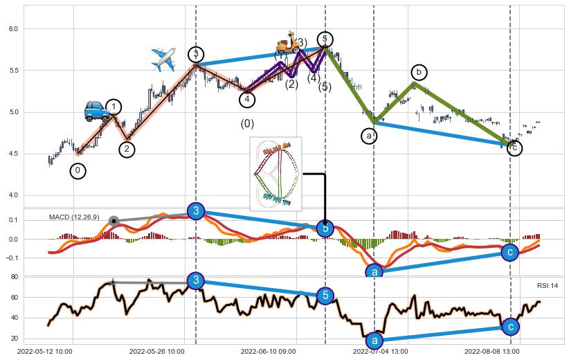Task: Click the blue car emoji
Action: coord(96,111)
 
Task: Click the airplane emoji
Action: coord(163,60)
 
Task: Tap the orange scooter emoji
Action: coord(287,42)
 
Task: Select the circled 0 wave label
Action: coord(78,171)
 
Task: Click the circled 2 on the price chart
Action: coord(127,149)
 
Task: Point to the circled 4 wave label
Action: coord(247,100)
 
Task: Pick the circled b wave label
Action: coord(418,72)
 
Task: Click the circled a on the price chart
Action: coord(369,136)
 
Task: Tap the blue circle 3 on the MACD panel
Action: coord(196,211)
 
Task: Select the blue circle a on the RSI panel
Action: coord(374,341)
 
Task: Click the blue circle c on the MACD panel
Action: coord(510,253)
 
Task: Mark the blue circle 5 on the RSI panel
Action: coord(325,296)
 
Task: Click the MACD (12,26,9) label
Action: coord(74,217)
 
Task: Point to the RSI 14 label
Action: coord(547,286)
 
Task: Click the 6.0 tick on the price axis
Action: coord(14,28)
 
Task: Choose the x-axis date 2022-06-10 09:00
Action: coord(268,352)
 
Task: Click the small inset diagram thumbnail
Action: coord(276,173)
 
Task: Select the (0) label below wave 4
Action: coord(247,124)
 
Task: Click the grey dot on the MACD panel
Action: coord(114,222)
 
